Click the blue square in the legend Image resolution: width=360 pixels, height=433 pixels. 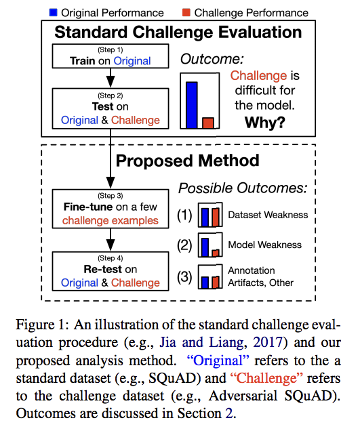[x=54, y=12]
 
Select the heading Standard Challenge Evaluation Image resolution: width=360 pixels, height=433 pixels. [x=178, y=32]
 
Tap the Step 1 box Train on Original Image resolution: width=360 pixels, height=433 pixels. [x=110, y=56]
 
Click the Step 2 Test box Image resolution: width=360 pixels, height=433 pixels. [x=110, y=108]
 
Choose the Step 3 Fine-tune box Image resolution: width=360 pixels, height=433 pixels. [x=110, y=209]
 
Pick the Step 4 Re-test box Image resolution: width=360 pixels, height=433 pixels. [x=110, y=270]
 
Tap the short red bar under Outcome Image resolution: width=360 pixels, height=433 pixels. [x=208, y=122]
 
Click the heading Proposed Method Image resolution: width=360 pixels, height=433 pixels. [x=178, y=161]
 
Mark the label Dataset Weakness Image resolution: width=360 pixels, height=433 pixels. [x=267, y=215]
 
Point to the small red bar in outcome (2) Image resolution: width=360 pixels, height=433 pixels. [x=216, y=252]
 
